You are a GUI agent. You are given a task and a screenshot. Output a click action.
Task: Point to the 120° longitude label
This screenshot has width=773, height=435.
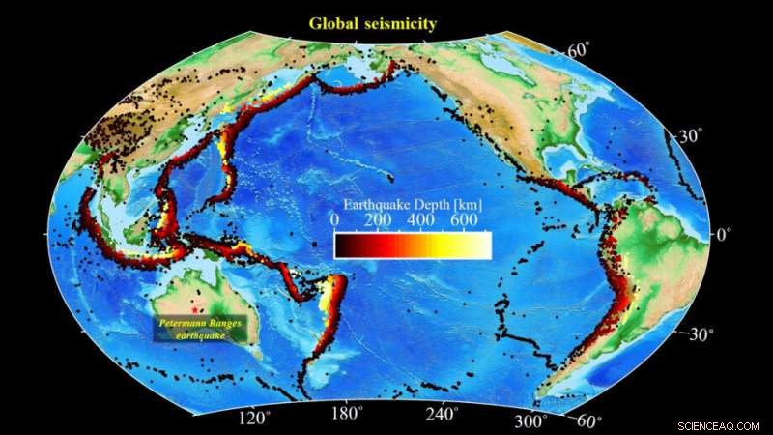point(254,418)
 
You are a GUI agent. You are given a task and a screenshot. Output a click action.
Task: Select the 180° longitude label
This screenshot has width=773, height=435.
point(346,415)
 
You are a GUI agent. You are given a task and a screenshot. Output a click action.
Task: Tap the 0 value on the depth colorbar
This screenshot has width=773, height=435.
point(334,221)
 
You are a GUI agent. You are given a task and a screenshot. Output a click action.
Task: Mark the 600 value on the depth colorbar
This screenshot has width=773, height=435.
point(466,221)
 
